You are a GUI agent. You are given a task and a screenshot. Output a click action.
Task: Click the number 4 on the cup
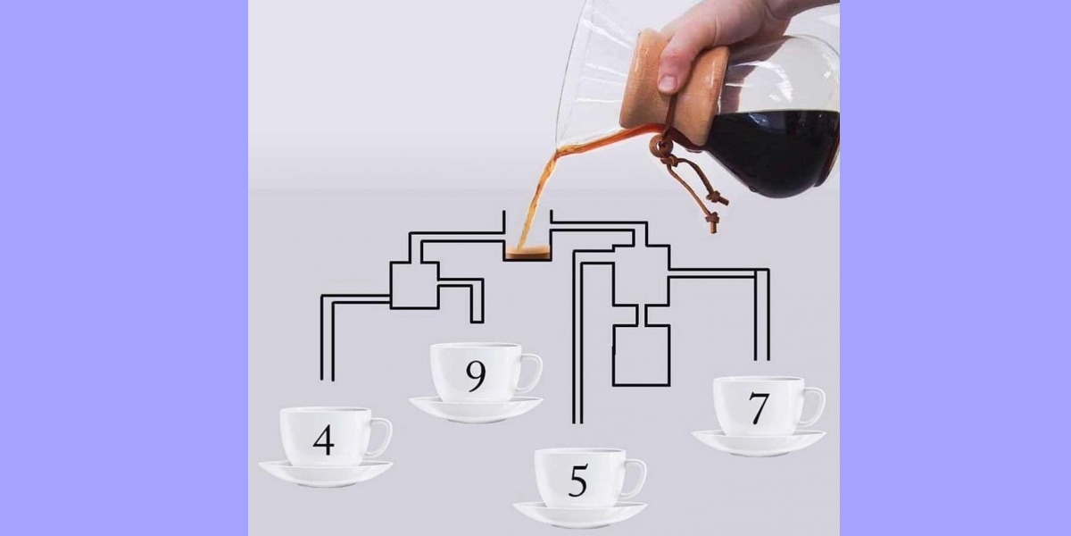[324, 440]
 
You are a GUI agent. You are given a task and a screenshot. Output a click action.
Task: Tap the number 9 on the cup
[476, 376]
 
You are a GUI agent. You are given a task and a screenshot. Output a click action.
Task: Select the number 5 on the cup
[578, 481]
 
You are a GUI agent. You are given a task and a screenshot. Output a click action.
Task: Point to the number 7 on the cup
[759, 408]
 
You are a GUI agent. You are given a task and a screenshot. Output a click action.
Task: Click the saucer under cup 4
[326, 473]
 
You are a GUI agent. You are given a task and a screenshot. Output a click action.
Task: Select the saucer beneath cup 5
[580, 515]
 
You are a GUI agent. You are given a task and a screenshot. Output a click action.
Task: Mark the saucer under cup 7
[759, 443]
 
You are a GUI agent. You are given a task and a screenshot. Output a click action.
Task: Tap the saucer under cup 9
[476, 409]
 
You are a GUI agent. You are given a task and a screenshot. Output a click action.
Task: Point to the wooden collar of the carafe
[673, 88]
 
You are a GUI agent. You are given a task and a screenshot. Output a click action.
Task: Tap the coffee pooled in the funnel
[527, 252]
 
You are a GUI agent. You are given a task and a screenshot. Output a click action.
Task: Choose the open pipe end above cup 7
[761, 359]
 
